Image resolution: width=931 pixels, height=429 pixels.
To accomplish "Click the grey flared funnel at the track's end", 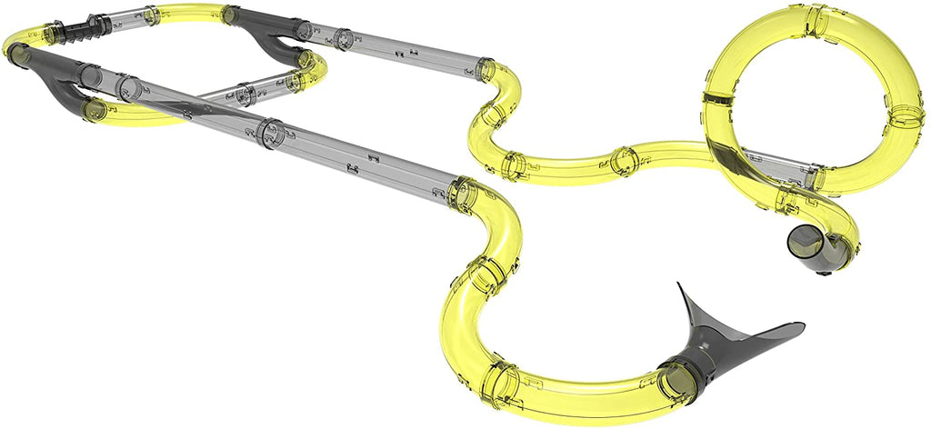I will point(718,341).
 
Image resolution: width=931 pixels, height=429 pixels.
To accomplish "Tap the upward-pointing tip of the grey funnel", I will point(679,287).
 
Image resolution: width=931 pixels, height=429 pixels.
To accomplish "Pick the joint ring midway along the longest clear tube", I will point(271,132).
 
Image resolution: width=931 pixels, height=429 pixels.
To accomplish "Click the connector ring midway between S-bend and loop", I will point(624,161).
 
